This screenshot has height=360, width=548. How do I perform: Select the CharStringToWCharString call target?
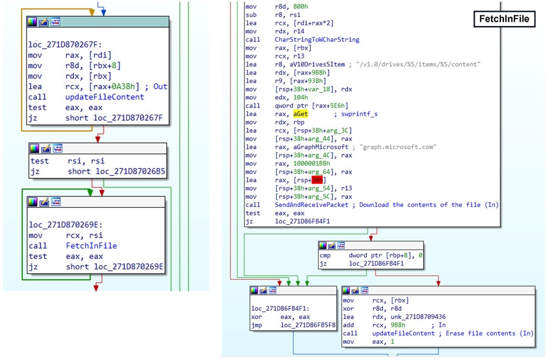(x=317, y=40)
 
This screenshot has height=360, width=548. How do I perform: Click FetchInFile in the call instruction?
(x=91, y=246)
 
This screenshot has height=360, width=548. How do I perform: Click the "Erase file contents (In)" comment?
(x=490, y=333)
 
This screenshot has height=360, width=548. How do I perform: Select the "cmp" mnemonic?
(x=325, y=255)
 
